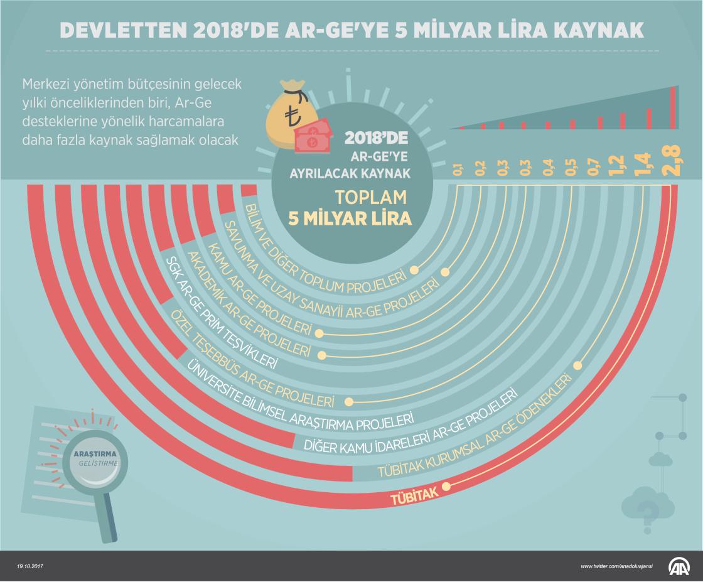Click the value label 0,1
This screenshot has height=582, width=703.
(459, 169)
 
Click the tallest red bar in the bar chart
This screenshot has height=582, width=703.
(674, 107)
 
